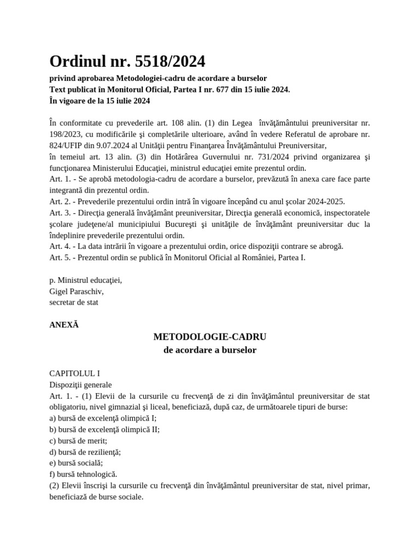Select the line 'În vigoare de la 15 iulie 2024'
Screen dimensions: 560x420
(100, 101)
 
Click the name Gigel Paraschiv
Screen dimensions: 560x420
(76, 291)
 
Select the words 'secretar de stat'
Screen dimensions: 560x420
(74, 302)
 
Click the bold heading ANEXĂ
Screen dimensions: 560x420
(64, 324)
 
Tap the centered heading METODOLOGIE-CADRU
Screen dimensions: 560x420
(210, 336)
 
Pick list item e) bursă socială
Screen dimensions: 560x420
(76, 463)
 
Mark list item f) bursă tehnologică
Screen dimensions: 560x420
(83, 474)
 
